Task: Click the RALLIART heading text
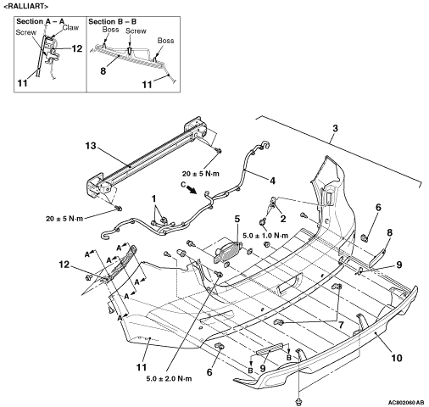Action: [25, 6]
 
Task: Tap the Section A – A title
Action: [41, 21]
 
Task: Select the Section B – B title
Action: [113, 21]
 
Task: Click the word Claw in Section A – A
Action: [70, 28]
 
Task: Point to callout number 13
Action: [91, 146]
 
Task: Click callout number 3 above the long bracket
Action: [335, 128]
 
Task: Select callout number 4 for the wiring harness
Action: [272, 181]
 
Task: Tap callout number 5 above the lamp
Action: [237, 219]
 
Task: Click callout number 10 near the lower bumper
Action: [397, 358]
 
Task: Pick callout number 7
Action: [341, 325]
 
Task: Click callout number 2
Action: [283, 218]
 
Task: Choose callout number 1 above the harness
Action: [154, 198]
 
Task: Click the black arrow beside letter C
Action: [193, 189]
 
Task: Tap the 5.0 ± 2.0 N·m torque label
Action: [169, 378]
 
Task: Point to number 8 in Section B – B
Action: [103, 70]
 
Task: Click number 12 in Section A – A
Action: [76, 48]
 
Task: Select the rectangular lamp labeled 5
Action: [227, 252]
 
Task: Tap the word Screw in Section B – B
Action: [136, 31]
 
